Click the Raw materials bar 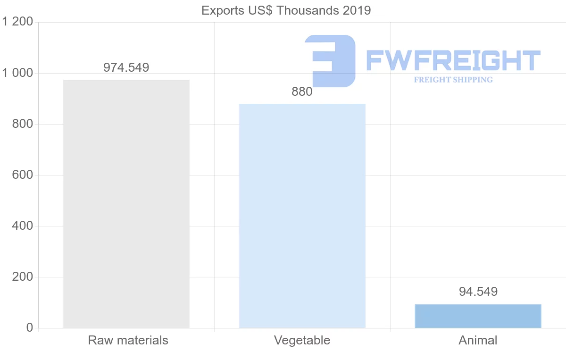point(126,204)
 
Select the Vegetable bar point(302,216)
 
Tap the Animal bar point(478,316)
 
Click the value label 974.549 point(126,67)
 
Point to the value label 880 point(302,92)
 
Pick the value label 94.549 point(478,292)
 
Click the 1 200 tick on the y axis point(17,22)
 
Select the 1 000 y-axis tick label point(17,73)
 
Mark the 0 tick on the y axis point(29,328)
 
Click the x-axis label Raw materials point(128,340)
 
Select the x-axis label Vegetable point(302,340)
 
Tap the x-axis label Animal point(478,340)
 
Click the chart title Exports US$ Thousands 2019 point(286,10)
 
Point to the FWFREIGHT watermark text point(453,61)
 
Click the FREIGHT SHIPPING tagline point(453,80)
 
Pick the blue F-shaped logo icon point(331,60)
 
